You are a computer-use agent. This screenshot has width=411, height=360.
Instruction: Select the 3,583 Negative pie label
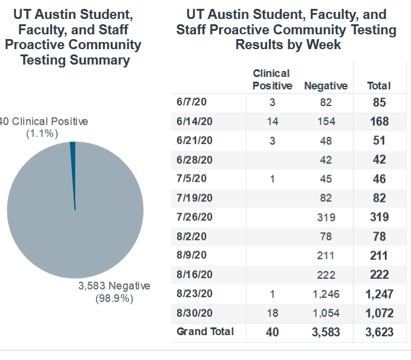pos(114,286)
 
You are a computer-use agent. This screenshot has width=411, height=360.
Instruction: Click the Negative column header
pos(326,86)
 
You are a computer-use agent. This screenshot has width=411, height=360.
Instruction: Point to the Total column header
pos(379,86)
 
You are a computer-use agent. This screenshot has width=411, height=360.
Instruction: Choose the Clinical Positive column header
pos(272,79)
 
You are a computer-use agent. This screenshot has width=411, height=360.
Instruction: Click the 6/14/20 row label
pos(194,121)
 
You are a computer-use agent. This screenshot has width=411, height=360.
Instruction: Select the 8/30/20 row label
pos(194,313)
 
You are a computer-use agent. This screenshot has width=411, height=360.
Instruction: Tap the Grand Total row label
pos(205,332)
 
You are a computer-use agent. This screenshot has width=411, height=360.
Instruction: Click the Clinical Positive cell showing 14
pos(272,121)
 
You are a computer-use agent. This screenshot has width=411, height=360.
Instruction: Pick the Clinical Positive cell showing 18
pos(272,313)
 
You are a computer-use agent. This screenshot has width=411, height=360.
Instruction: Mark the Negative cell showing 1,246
pos(326,294)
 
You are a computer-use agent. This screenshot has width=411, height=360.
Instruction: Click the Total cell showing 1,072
pos(379,313)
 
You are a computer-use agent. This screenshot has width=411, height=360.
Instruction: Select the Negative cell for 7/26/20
pos(326,217)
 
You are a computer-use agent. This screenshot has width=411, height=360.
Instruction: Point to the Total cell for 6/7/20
pos(379,102)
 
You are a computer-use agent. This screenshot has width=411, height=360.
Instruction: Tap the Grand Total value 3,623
pos(379,332)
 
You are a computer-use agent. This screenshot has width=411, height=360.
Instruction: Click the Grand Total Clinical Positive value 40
pos(272,332)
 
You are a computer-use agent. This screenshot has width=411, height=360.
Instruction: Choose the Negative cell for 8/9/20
pos(326,256)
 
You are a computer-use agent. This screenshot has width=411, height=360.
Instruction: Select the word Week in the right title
pos(326,44)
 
